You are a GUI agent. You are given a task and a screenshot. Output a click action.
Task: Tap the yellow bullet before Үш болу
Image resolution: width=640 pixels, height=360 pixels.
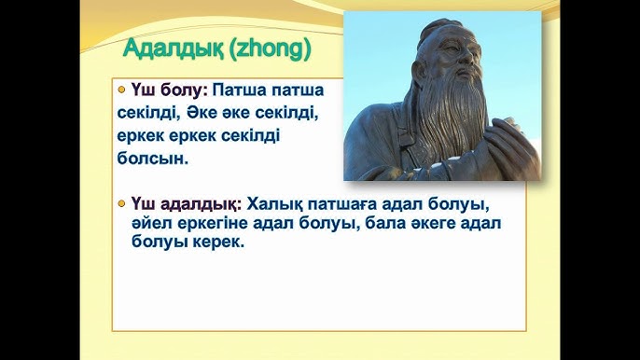[x=122, y=91]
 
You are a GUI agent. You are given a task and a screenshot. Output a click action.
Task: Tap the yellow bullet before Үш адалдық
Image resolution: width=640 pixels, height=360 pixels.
[x=122, y=201]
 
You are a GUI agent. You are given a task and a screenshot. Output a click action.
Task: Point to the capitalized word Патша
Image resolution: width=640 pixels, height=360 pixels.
[x=241, y=92]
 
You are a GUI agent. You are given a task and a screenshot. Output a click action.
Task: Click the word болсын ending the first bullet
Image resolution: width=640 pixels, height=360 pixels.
[x=152, y=159]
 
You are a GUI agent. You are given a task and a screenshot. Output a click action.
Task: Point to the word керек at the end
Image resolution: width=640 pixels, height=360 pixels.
[x=215, y=242]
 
